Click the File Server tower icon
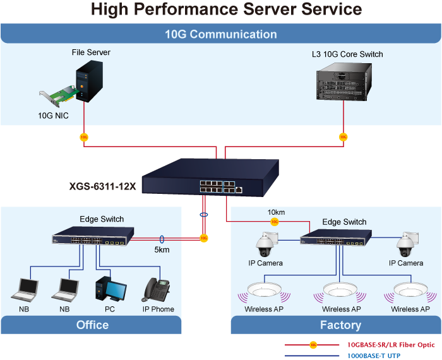point(87,81)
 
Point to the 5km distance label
point(162,249)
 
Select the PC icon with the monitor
point(110,289)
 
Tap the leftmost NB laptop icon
point(26,289)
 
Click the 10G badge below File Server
point(84,136)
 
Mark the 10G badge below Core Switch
point(343,136)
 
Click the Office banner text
point(92,325)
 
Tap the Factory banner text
point(340,325)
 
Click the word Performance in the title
point(196,9)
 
